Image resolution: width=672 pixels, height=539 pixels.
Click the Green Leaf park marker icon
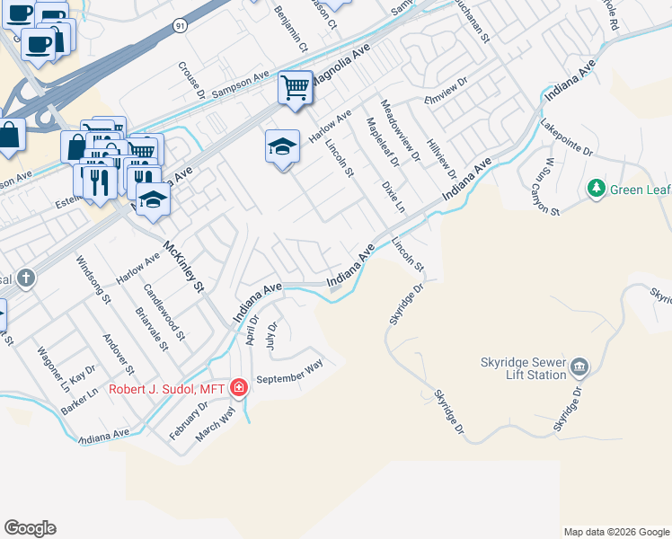[595, 189]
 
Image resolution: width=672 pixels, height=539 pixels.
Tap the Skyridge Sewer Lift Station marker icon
[579, 367]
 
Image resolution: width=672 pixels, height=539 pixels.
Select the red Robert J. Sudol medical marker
[239, 388]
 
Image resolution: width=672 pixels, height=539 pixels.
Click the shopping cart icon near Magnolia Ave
[295, 88]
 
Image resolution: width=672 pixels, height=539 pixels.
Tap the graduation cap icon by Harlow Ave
[282, 146]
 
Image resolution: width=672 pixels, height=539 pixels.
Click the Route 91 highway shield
[181, 27]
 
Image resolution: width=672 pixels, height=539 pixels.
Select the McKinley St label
[184, 267]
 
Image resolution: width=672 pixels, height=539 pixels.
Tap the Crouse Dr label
[191, 80]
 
